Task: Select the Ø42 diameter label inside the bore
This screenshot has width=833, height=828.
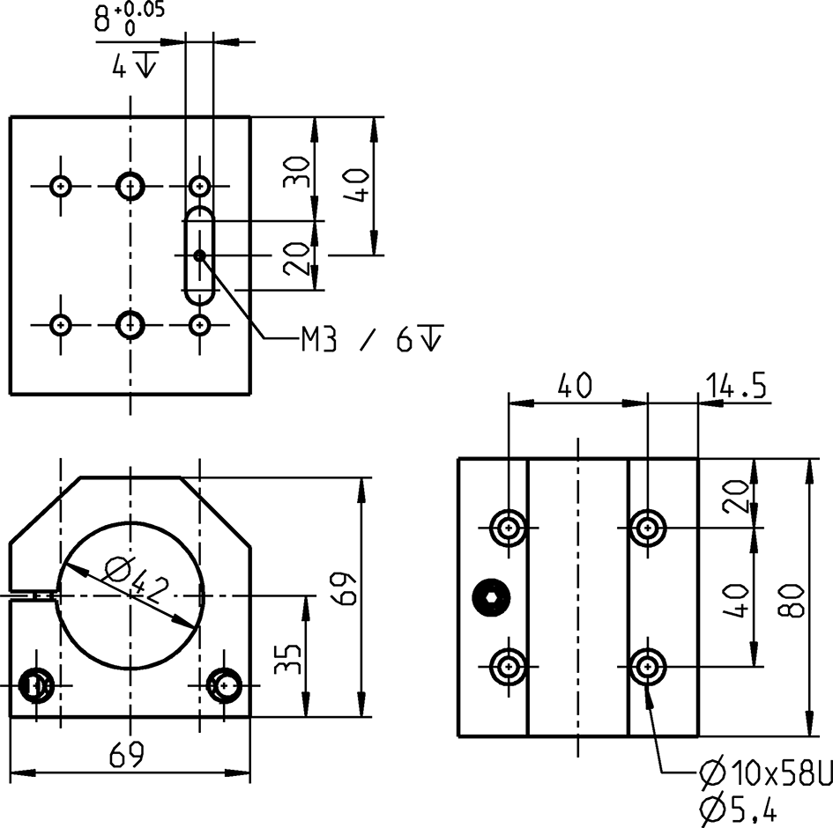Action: (135, 580)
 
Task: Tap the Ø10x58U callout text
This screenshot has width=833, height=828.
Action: (765, 774)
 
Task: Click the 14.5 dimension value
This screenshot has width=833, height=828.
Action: (735, 385)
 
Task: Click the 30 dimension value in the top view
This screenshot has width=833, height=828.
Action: (298, 171)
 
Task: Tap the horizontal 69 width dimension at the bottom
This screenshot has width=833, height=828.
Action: (129, 754)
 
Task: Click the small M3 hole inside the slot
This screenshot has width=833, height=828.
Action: (200, 255)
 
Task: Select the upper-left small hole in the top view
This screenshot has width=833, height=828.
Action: (61, 186)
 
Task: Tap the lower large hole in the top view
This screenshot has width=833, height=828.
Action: (131, 324)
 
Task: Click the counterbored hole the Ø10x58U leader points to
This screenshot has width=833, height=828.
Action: (649, 667)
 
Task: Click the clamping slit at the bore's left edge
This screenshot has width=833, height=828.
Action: (35, 595)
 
